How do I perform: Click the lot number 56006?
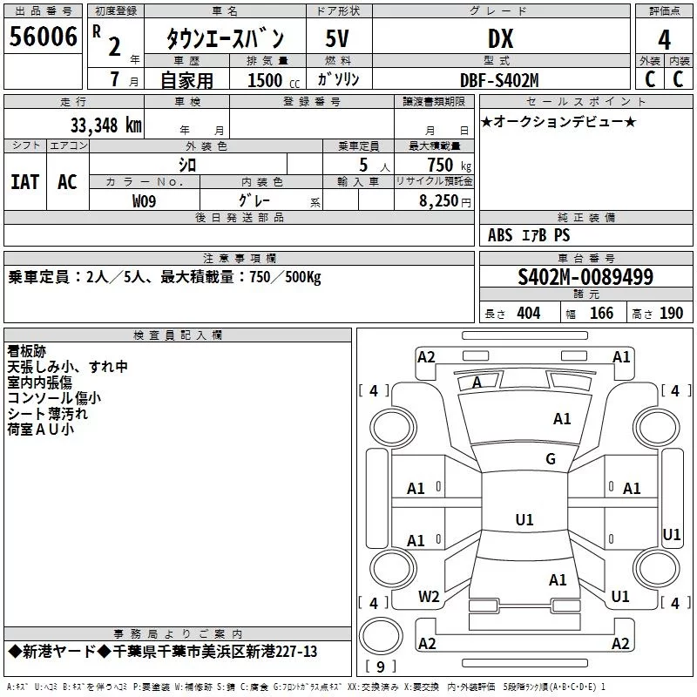(43, 37)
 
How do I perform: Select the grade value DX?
(500, 38)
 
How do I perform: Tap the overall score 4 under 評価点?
(664, 40)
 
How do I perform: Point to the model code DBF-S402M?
(499, 80)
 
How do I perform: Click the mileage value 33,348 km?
(105, 125)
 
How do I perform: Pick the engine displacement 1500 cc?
(274, 80)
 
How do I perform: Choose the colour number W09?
(144, 201)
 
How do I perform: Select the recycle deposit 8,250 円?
(444, 201)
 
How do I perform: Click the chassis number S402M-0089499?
(585, 276)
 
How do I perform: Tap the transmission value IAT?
(25, 182)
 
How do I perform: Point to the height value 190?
(671, 313)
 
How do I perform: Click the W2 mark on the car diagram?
(429, 597)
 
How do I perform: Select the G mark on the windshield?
(551, 458)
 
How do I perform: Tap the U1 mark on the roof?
(524, 519)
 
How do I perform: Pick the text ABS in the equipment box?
(500, 234)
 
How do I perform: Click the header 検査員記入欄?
(178, 335)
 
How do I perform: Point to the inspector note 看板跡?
(27, 351)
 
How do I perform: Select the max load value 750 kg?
(449, 165)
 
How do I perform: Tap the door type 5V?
(337, 38)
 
